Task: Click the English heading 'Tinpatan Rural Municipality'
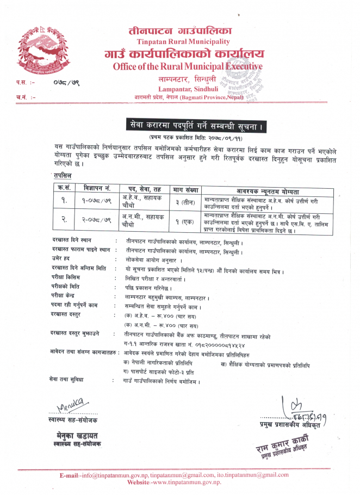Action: click(x=183, y=41)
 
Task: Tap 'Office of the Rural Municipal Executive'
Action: click(x=188, y=66)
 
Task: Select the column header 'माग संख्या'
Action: click(x=184, y=188)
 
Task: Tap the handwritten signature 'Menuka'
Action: click(x=72, y=403)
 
